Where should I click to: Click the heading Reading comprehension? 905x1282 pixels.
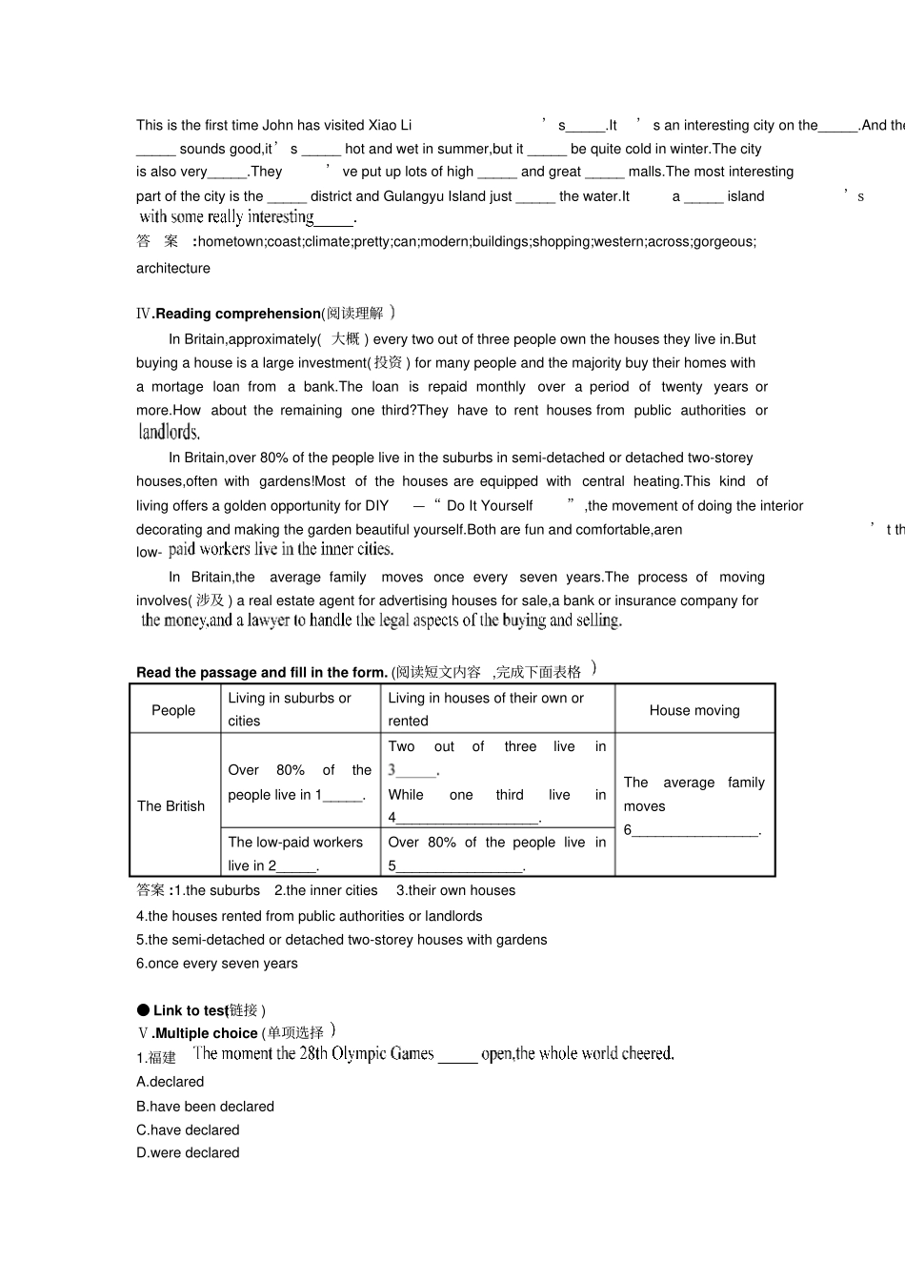238,314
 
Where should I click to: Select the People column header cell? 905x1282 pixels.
173,710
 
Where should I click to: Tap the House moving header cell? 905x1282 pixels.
694,710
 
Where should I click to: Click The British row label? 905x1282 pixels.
171,806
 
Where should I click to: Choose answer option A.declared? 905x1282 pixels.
171,1082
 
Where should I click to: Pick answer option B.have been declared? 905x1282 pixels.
205,1107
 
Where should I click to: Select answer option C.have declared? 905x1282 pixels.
188,1130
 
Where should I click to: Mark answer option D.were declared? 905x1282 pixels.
188,1153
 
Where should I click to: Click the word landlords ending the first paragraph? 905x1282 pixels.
169,433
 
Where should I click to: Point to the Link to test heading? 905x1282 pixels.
191,1010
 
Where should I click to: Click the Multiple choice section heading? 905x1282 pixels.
206,1033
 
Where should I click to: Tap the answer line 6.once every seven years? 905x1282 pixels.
217,964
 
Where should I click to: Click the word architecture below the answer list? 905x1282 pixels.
173,269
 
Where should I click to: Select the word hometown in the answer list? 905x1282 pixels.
231,242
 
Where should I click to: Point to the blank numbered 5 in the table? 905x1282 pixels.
459,866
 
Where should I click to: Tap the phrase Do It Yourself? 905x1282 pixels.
490,506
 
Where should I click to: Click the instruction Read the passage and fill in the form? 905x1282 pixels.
262,672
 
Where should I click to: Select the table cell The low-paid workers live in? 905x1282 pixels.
295,853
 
